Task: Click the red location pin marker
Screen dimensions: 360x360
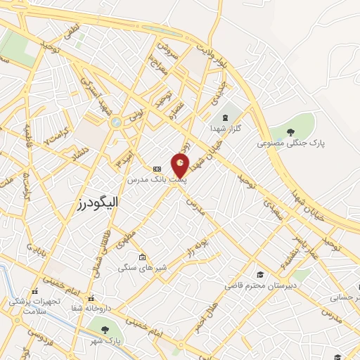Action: (181, 166)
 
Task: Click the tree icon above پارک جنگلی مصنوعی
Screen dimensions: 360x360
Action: (291, 131)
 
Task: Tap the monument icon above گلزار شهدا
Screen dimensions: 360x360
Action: (224, 117)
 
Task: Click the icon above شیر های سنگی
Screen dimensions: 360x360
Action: (142, 257)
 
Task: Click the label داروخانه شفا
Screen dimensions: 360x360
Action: (90, 309)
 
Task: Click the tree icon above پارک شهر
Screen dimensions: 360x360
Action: (105, 329)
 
